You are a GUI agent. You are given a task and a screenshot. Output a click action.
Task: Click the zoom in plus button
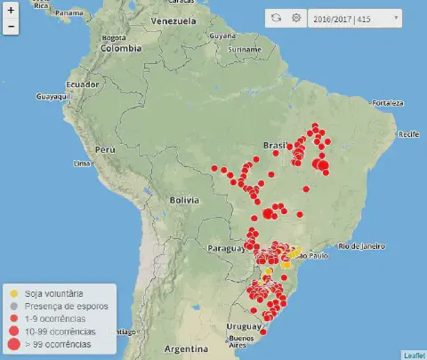coord(11,12)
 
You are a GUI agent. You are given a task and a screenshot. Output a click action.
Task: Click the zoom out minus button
coord(11,27)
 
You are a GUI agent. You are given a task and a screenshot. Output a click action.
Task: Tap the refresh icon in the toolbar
coord(277,18)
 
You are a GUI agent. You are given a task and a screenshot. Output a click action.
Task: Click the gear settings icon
coord(296,18)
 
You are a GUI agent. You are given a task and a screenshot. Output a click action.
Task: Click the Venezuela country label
coord(173,20)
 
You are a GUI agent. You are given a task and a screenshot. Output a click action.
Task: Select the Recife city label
coord(408,133)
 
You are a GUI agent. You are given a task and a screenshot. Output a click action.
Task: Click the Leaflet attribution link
coord(414,355)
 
